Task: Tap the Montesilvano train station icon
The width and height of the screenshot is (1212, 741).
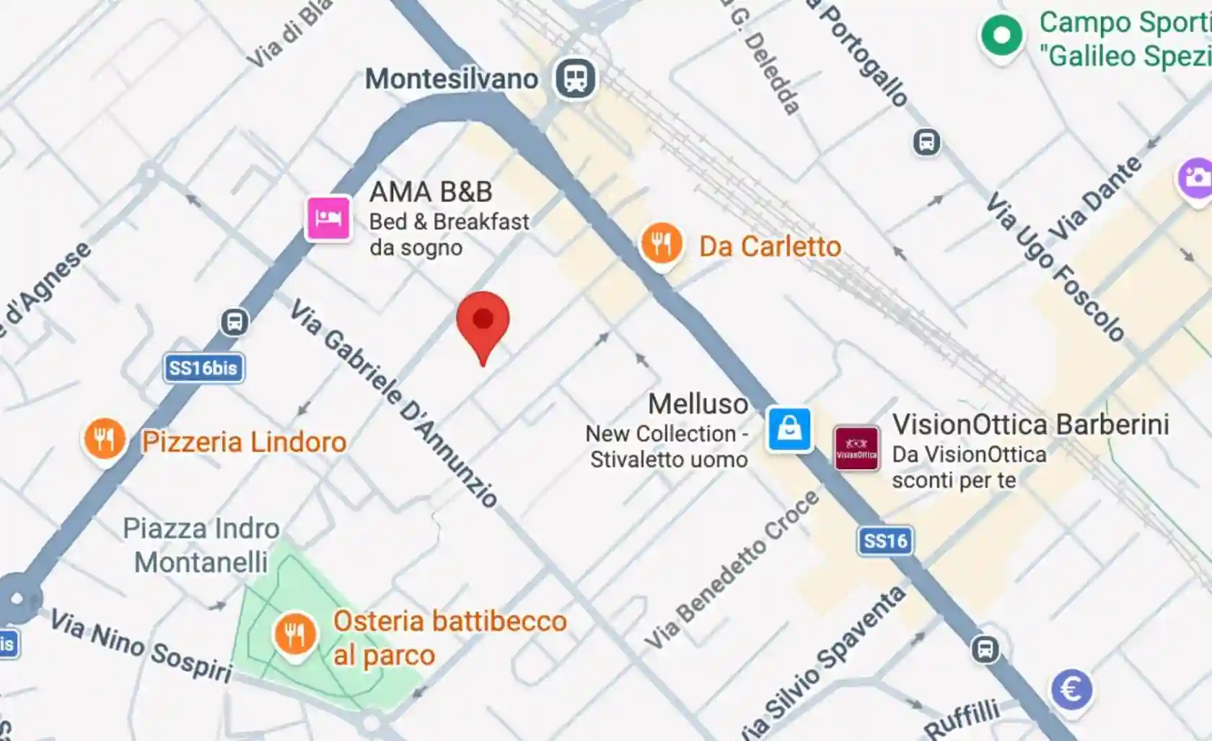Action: click(575, 78)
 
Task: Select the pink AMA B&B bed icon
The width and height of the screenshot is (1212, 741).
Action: click(328, 217)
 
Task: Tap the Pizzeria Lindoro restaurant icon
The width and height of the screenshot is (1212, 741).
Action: click(105, 439)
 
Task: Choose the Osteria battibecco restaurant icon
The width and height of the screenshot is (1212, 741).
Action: click(294, 633)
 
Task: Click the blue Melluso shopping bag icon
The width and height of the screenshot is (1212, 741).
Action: click(789, 429)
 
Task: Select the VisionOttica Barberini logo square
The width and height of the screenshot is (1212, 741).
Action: click(856, 448)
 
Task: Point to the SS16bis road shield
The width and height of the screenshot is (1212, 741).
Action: click(203, 368)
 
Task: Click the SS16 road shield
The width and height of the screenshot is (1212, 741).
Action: click(885, 541)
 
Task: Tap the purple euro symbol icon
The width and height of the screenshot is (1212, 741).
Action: click(1071, 689)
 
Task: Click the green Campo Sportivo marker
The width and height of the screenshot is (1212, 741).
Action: click(1001, 35)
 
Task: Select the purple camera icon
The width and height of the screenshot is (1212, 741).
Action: click(1195, 177)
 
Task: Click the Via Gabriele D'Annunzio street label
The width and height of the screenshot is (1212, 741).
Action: click(394, 404)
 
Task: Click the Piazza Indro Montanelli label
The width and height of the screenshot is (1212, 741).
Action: click(201, 545)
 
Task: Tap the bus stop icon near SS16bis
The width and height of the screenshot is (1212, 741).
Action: click(234, 322)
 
